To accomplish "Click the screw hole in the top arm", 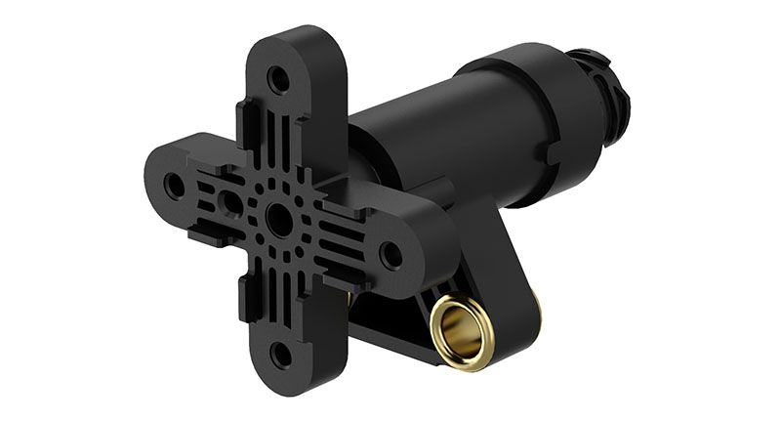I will pyautogui.click(x=280, y=79).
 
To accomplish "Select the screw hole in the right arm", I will pyautogui.click(x=390, y=256).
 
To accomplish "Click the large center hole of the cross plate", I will pyautogui.click(x=279, y=221).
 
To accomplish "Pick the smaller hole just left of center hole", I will pyautogui.click(x=232, y=203).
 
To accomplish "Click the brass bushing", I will pyautogui.click(x=462, y=332).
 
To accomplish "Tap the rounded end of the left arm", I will pyautogui.click(x=156, y=176).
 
